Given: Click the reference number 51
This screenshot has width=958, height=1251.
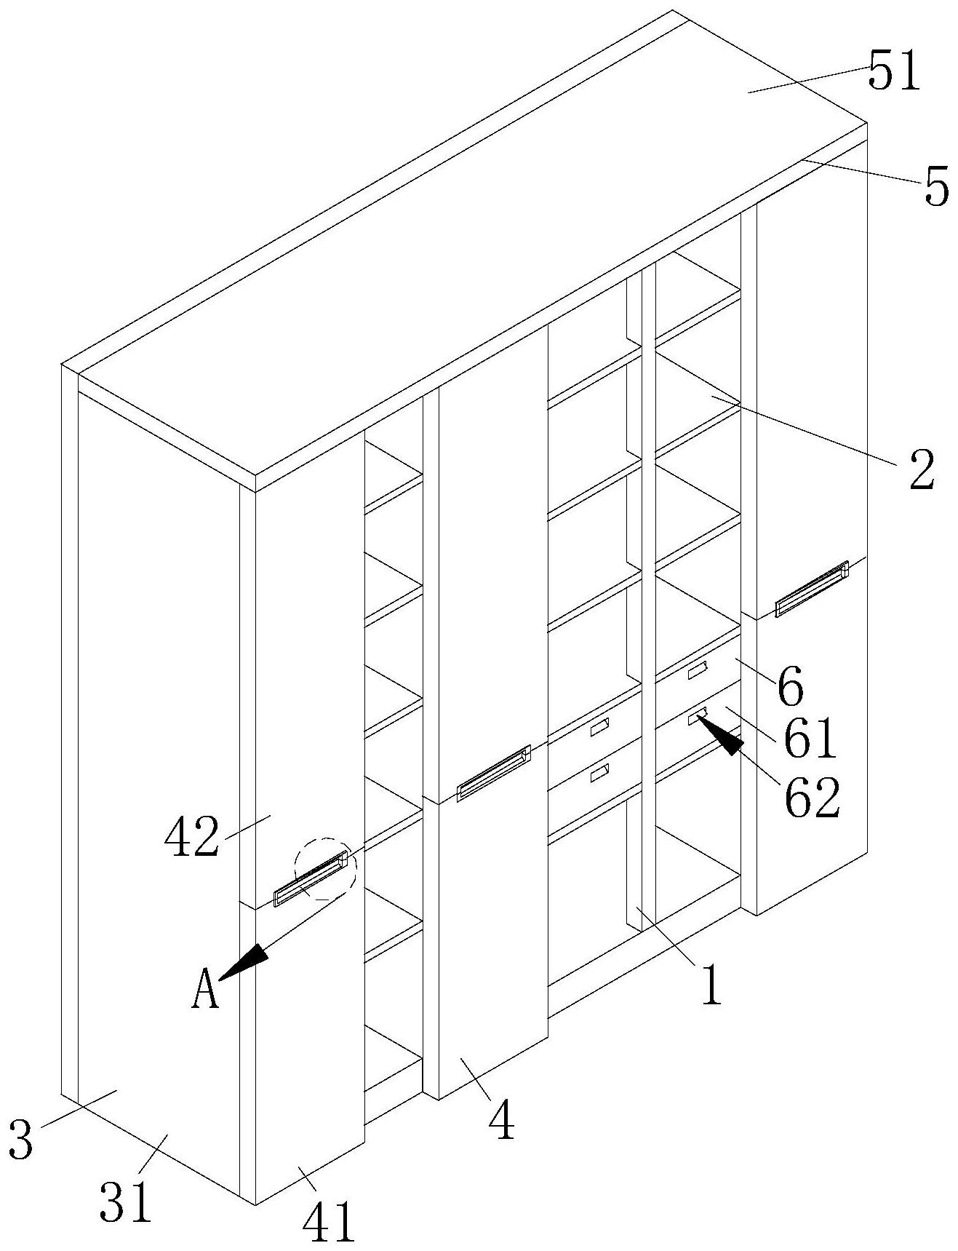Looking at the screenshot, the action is pyautogui.click(x=894, y=74).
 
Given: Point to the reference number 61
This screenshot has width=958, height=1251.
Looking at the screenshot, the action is pyautogui.click(x=810, y=738).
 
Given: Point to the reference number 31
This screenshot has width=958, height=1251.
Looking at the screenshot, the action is pyautogui.click(x=126, y=1202).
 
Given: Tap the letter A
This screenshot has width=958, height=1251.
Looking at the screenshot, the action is pyautogui.click(x=205, y=993).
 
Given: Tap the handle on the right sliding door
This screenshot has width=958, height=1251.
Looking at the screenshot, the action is pyautogui.click(x=812, y=588).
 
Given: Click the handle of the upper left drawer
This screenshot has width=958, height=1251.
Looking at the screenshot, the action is pyautogui.click(x=599, y=727).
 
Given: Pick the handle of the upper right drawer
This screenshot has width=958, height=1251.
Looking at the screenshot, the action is pyautogui.click(x=698, y=670).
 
